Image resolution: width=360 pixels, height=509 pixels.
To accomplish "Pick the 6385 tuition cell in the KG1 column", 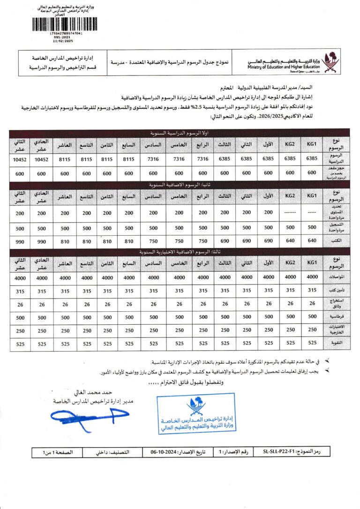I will coord(312,158).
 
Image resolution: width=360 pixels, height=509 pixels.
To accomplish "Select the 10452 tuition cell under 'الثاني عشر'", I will coord(20,160).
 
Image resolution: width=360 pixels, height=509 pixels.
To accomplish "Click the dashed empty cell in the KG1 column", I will coord(312,212).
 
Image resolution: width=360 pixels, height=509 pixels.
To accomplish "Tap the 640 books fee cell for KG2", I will coord(290,240).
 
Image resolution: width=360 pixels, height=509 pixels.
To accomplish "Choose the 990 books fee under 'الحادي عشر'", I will coord(41,241).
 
